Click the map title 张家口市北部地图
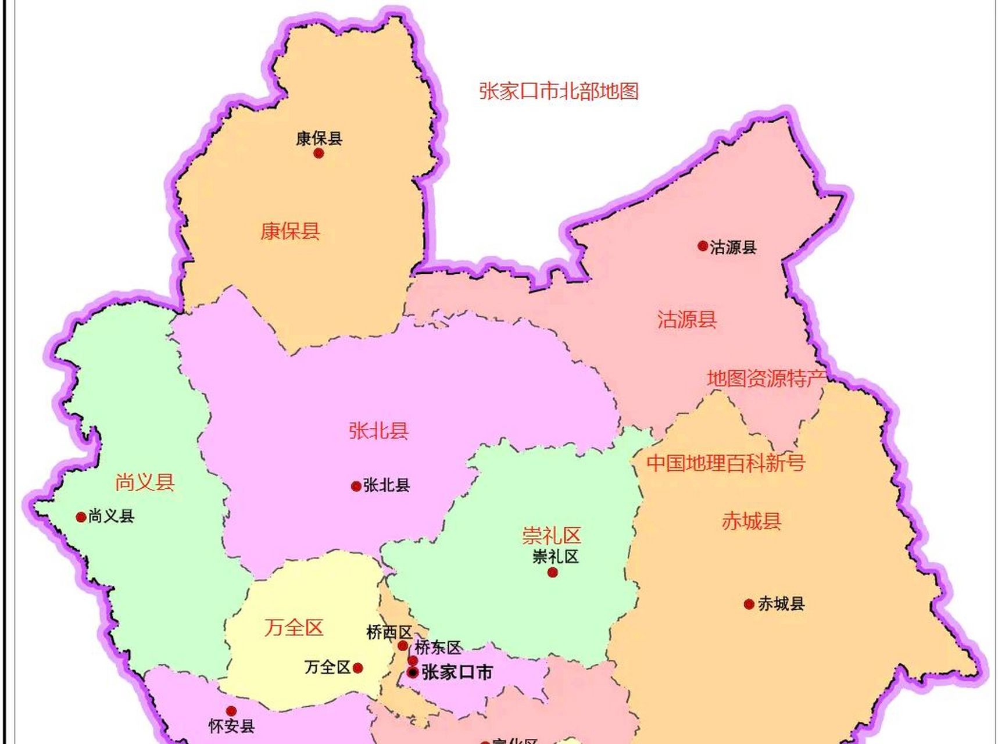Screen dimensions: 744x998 pyautogui.click(x=559, y=91)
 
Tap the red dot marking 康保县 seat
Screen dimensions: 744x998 pyautogui.click(x=319, y=153)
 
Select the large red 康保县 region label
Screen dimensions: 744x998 pyautogui.click(x=290, y=231)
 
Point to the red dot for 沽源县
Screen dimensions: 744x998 pyautogui.click(x=703, y=246)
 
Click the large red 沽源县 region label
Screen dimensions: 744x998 pyautogui.click(x=687, y=319)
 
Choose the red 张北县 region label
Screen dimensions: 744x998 pyautogui.click(x=378, y=431)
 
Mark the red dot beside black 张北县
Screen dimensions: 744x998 pyautogui.click(x=356, y=486)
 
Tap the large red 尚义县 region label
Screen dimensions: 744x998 pyautogui.click(x=145, y=482)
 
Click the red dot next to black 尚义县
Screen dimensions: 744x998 pyautogui.click(x=81, y=517)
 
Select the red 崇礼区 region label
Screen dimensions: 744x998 pyautogui.click(x=552, y=535)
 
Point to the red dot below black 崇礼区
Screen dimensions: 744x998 pyautogui.click(x=553, y=573)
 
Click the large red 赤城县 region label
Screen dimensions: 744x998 pyautogui.click(x=752, y=521)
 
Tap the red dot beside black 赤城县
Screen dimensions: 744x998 pyautogui.click(x=749, y=604)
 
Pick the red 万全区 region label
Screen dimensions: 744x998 pyautogui.click(x=294, y=627)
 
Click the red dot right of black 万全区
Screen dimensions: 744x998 pyautogui.click(x=358, y=668)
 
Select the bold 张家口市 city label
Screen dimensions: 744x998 pyautogui.click(x=457, y=673)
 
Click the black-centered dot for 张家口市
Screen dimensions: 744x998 pyautogui.click(x=413, y=673)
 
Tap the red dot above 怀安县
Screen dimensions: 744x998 pyautogui.click(x=231, y=711)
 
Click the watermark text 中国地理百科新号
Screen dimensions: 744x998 pyautogui.click(x=726, y=463)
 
